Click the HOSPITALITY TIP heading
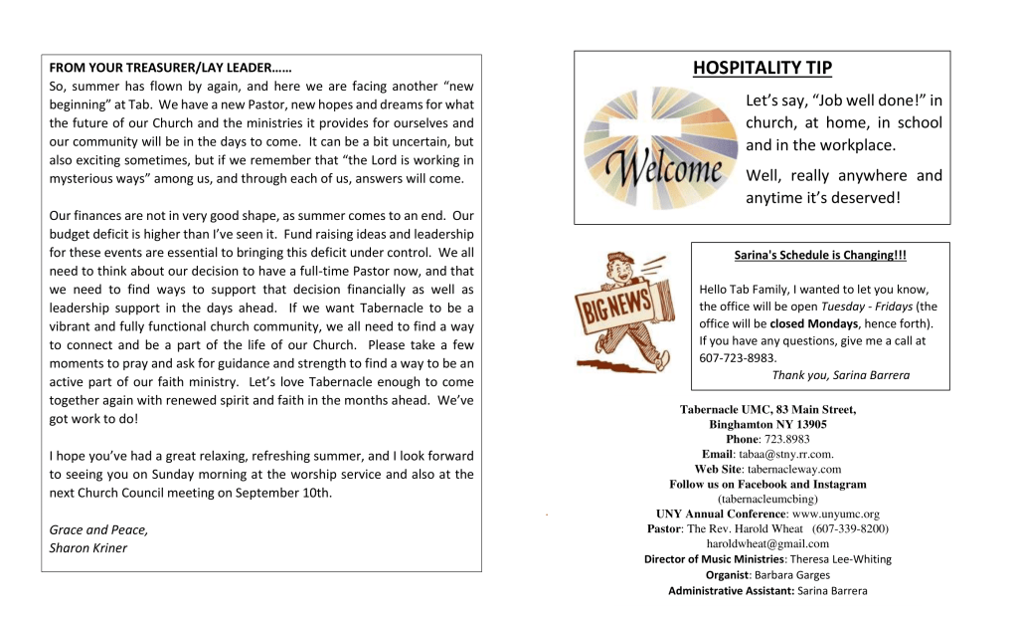click(x=763, y=68)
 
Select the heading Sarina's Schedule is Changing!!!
click(x=820, y=256)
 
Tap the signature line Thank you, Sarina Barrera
click(x=840, y=375)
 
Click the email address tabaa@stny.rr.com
click(x=793, y=454)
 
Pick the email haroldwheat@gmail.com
click(x=767, y=543)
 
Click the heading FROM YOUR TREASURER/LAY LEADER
click(x=170, y=69)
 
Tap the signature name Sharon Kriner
click(x=88, y=547)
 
